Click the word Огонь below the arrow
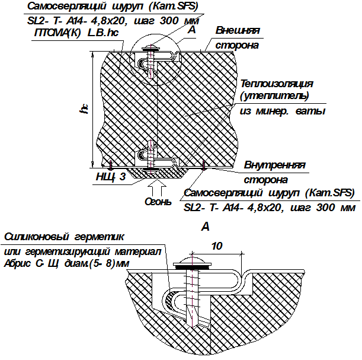coord(158,202)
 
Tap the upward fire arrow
coord(157,188)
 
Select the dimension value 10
coord(217,246)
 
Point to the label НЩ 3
coord(111,177)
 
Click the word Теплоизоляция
coord(277,84)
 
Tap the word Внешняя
coord(238,31)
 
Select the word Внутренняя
coord(275,165)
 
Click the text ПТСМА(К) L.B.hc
coord(76,33)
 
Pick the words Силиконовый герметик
coord(64,237)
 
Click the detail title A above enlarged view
coord(205,227)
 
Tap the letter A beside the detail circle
coord(192,30)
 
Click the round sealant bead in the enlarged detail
coord(171,300)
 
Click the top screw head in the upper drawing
coord(150,49)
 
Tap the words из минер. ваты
coord(283,111)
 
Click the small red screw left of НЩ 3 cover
coord(111,165)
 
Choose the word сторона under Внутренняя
coord(266,180)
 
